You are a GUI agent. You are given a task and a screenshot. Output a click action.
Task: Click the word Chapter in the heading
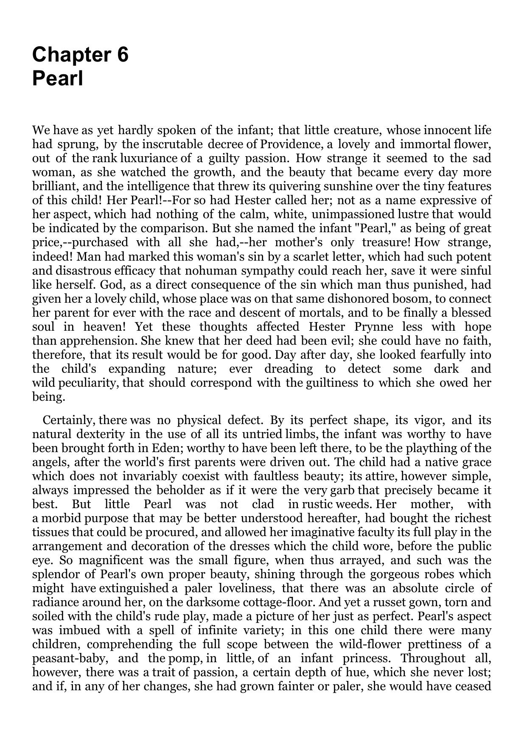point(68,55)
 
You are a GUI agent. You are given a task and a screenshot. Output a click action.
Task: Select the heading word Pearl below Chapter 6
point(57,79)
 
